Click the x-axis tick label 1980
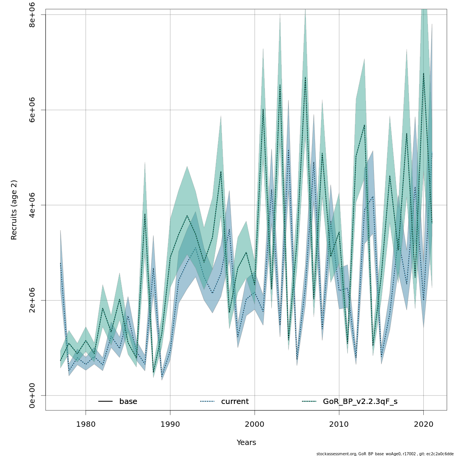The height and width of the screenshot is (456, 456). coord(85,424)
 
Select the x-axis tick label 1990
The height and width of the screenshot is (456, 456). coord(170,424)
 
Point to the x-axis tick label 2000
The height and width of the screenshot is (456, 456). coord(255,424)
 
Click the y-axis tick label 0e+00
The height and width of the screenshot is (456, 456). coord(32,395)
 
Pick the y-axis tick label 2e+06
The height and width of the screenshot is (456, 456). coord(32,300)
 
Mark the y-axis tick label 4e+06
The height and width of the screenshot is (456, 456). coord(32,205)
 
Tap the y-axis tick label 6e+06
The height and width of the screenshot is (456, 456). coord(32,110)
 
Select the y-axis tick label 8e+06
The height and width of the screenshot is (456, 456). coord(32,15)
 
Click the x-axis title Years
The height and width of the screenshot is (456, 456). coord(246,443)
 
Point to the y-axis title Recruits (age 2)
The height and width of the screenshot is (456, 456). coord(14,210)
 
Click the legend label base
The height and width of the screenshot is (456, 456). coord(128,402)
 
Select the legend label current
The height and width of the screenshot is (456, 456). coord(235,402)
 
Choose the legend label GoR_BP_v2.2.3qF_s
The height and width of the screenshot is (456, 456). coord(360,402)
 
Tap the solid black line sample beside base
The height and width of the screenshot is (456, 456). coord(106,402)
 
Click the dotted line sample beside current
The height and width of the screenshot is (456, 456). coord(207,402)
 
